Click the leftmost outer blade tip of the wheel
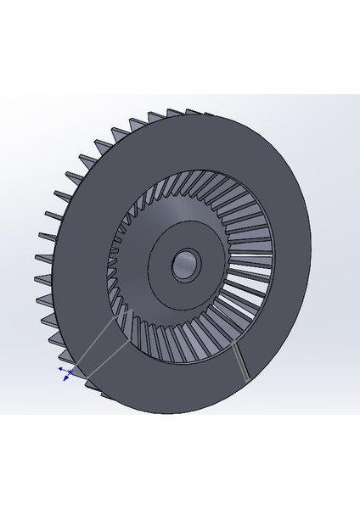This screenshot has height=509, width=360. pyautogui.click(x=36, y=254)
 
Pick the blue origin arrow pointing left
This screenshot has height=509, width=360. pyautogui.click(x=59, y=370)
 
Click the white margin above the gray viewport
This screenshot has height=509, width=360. pyautogui.click(x=180, y=42)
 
